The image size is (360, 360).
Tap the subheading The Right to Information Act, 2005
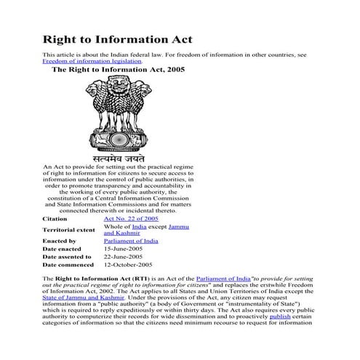119,71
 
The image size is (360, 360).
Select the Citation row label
55,218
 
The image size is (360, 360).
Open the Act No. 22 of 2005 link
131,218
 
